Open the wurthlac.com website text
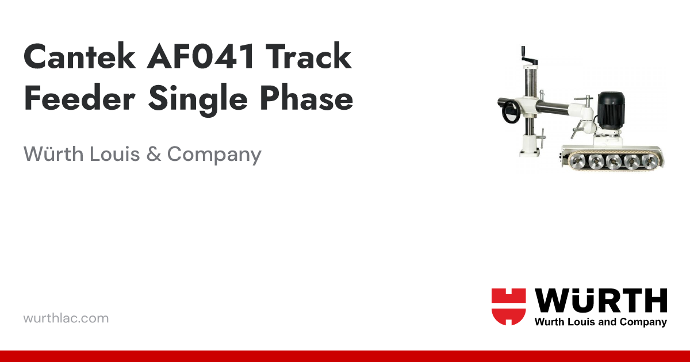[x=66, y=318]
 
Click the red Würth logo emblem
[x=508, y=306]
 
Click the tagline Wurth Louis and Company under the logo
[x=600, y=322]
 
